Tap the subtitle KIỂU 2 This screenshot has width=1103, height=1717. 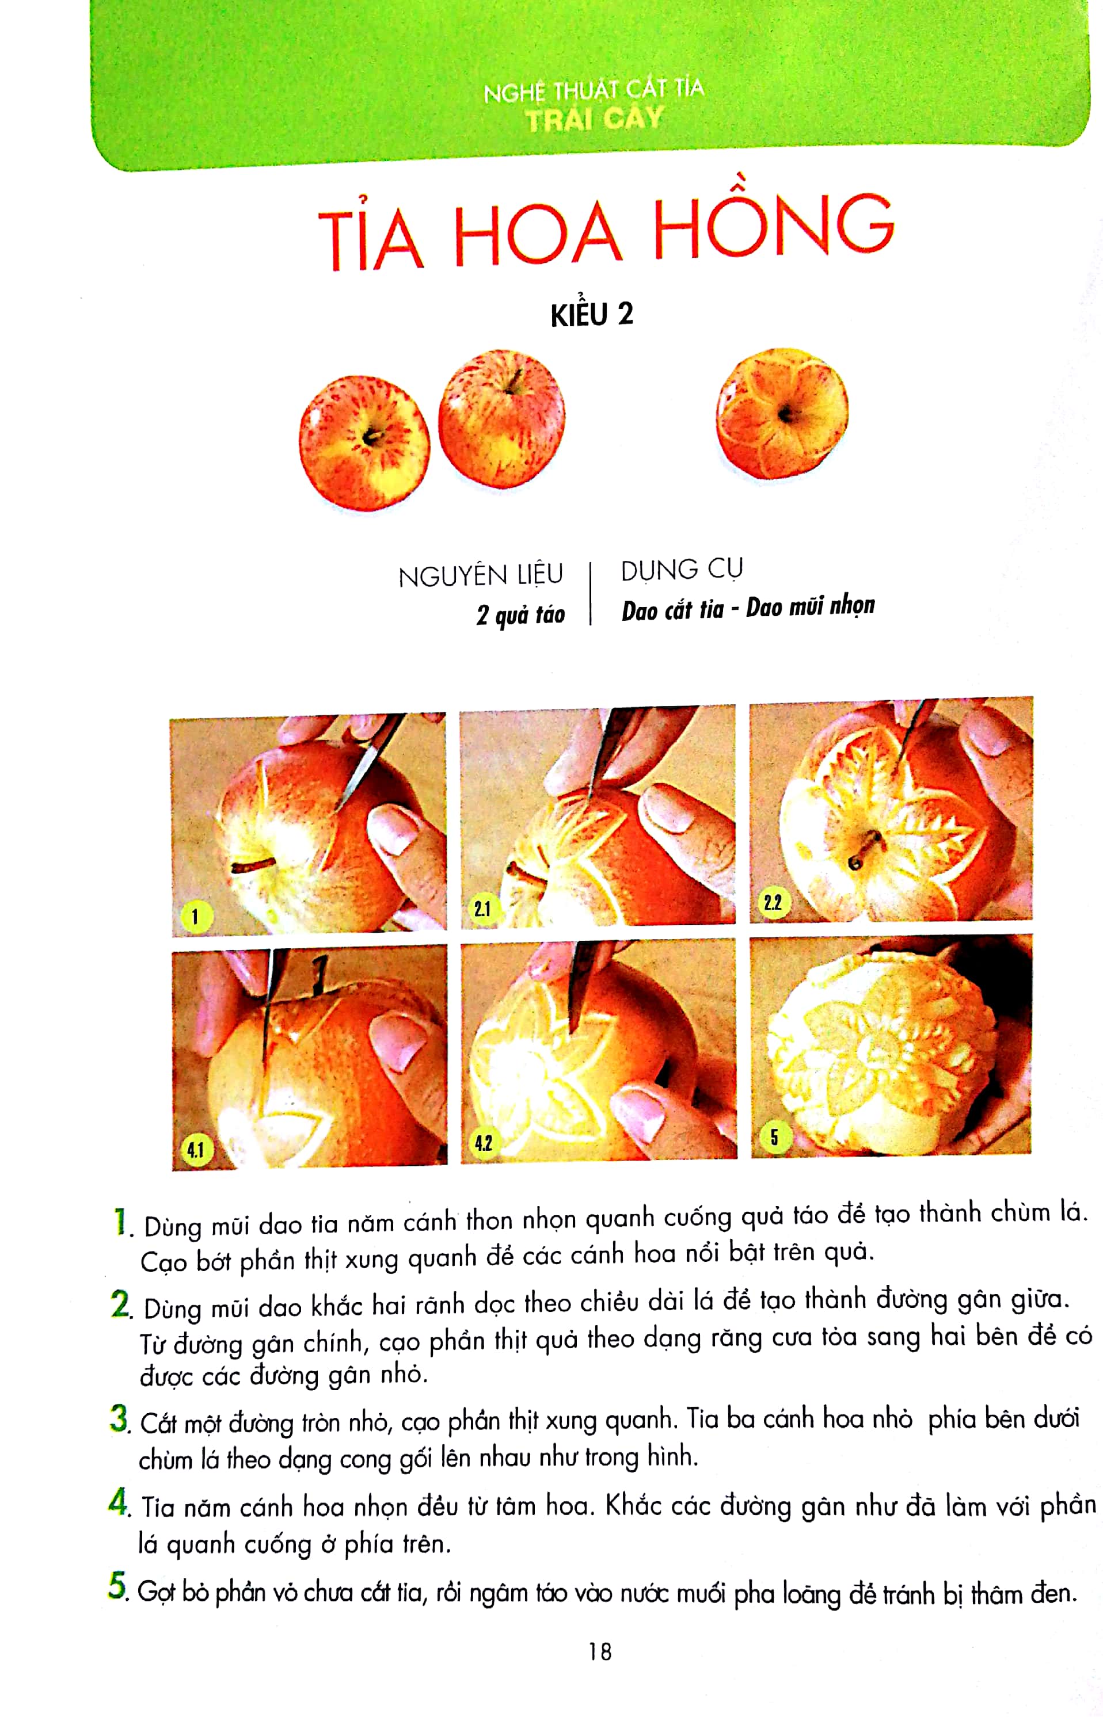(592, 315)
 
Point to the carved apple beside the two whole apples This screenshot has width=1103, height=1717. (782, 414)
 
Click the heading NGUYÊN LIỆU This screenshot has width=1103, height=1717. (481, 576)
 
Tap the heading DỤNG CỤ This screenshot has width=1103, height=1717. (682, 570)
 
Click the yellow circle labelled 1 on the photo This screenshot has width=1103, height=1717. (195, 917)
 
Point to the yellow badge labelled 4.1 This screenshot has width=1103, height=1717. (195, 1150)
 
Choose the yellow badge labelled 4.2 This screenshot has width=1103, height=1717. (484, 1143)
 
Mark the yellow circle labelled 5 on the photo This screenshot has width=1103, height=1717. (774, 1137)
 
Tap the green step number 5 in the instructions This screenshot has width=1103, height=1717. (116, 1585)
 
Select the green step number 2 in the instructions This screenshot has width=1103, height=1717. (120, 1304)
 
